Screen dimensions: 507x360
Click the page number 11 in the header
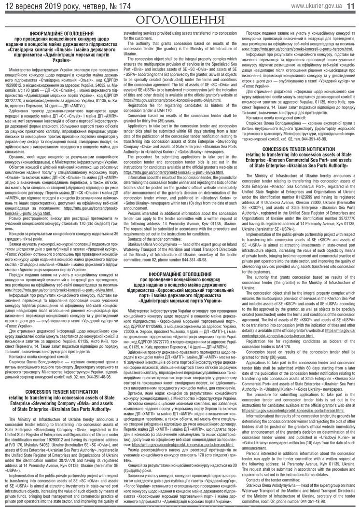[353, 5]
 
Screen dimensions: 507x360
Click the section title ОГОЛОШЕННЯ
[180, 20]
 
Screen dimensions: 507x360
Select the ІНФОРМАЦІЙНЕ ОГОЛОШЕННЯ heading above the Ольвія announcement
[61, 33]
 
